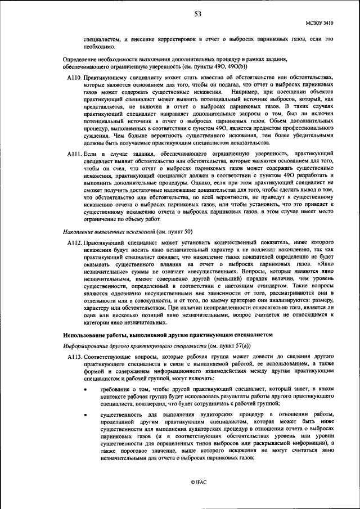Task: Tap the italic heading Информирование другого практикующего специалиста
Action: pyautogui.click(x=130, y=346)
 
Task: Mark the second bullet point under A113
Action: pyautogui.click(x=85, y=414)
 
